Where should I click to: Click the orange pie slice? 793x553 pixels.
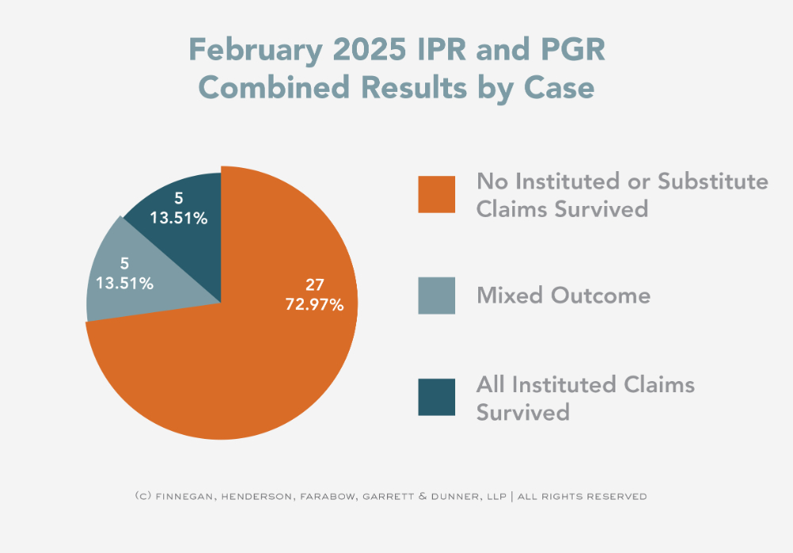238,364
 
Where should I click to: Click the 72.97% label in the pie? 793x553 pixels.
314,303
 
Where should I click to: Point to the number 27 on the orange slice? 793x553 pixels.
315,285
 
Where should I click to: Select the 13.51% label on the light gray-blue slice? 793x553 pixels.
125,282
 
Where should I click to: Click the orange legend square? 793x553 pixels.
436,194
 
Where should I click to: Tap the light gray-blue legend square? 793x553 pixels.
436,296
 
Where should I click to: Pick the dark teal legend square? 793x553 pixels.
436,397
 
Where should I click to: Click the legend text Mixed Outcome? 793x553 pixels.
563,296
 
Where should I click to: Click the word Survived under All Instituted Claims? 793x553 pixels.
523,412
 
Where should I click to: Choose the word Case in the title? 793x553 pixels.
557,87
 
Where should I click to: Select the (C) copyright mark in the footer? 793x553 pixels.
143,497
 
